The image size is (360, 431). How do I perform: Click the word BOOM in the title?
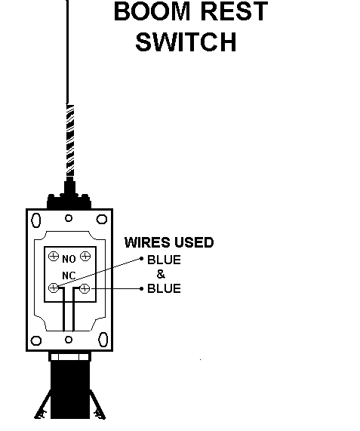(152, 11)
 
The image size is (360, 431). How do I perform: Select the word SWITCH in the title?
(186, 42)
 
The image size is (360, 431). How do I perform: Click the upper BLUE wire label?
(164, 260)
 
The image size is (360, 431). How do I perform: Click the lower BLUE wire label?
(164, 288)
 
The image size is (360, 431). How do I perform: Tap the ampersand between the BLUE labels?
(161, 274)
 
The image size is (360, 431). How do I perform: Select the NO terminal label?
(69, 259)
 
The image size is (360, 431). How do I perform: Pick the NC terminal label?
(69, 276)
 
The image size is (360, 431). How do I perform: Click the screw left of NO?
(54, 257)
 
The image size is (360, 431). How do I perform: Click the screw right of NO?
(85, 257)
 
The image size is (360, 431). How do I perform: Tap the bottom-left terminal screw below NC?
(54, 288)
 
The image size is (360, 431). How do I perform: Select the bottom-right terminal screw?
(85, 288)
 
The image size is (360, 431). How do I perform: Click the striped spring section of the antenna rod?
(70, 140)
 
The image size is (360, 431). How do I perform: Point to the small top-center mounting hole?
(69, 218)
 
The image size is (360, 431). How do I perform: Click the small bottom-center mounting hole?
(69, 340)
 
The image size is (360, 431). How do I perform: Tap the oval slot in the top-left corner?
(36, 220)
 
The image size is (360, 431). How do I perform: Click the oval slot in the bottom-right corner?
(103, 340)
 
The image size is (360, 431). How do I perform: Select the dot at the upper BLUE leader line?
(142, 258)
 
